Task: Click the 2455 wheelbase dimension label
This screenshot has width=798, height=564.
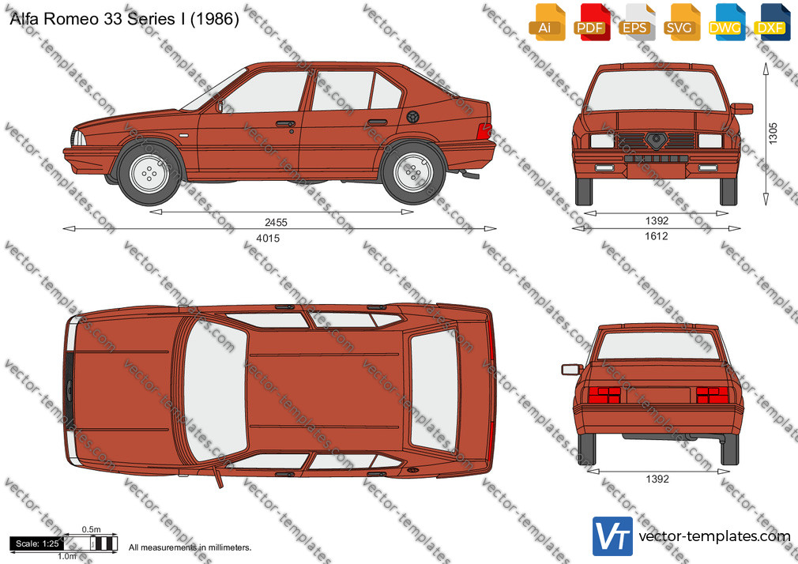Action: pos(276,222)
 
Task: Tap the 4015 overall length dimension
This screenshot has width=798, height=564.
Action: pos(268,238)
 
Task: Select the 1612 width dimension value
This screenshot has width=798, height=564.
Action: pos(656,235)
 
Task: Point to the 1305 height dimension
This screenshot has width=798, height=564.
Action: pos(773,133)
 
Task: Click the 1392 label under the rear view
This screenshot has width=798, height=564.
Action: pos(657,479)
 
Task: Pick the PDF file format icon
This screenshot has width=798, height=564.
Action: pos(590,22)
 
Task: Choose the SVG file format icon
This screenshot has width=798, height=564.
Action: pos(680,22)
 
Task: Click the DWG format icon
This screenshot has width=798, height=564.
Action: pos(725,22)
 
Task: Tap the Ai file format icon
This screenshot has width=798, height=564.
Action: pos(546,22)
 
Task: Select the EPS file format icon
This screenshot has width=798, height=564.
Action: pos(636,22)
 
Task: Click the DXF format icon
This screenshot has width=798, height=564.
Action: pos(770,22)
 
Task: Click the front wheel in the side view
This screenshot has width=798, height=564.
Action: pos(149,174)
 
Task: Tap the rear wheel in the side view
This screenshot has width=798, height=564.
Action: pos(414,172)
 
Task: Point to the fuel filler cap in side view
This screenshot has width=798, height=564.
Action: pos(412,116)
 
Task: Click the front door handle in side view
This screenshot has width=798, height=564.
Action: pos(285,124)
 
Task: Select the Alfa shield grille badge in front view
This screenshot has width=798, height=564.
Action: pos(656,140)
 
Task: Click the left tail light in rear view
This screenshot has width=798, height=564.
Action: pos(604,394)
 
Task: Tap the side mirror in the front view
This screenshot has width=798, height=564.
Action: pos(742,108)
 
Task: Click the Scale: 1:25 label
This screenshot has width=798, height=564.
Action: pos(37,543)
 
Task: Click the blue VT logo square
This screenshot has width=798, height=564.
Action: pos(613,536)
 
